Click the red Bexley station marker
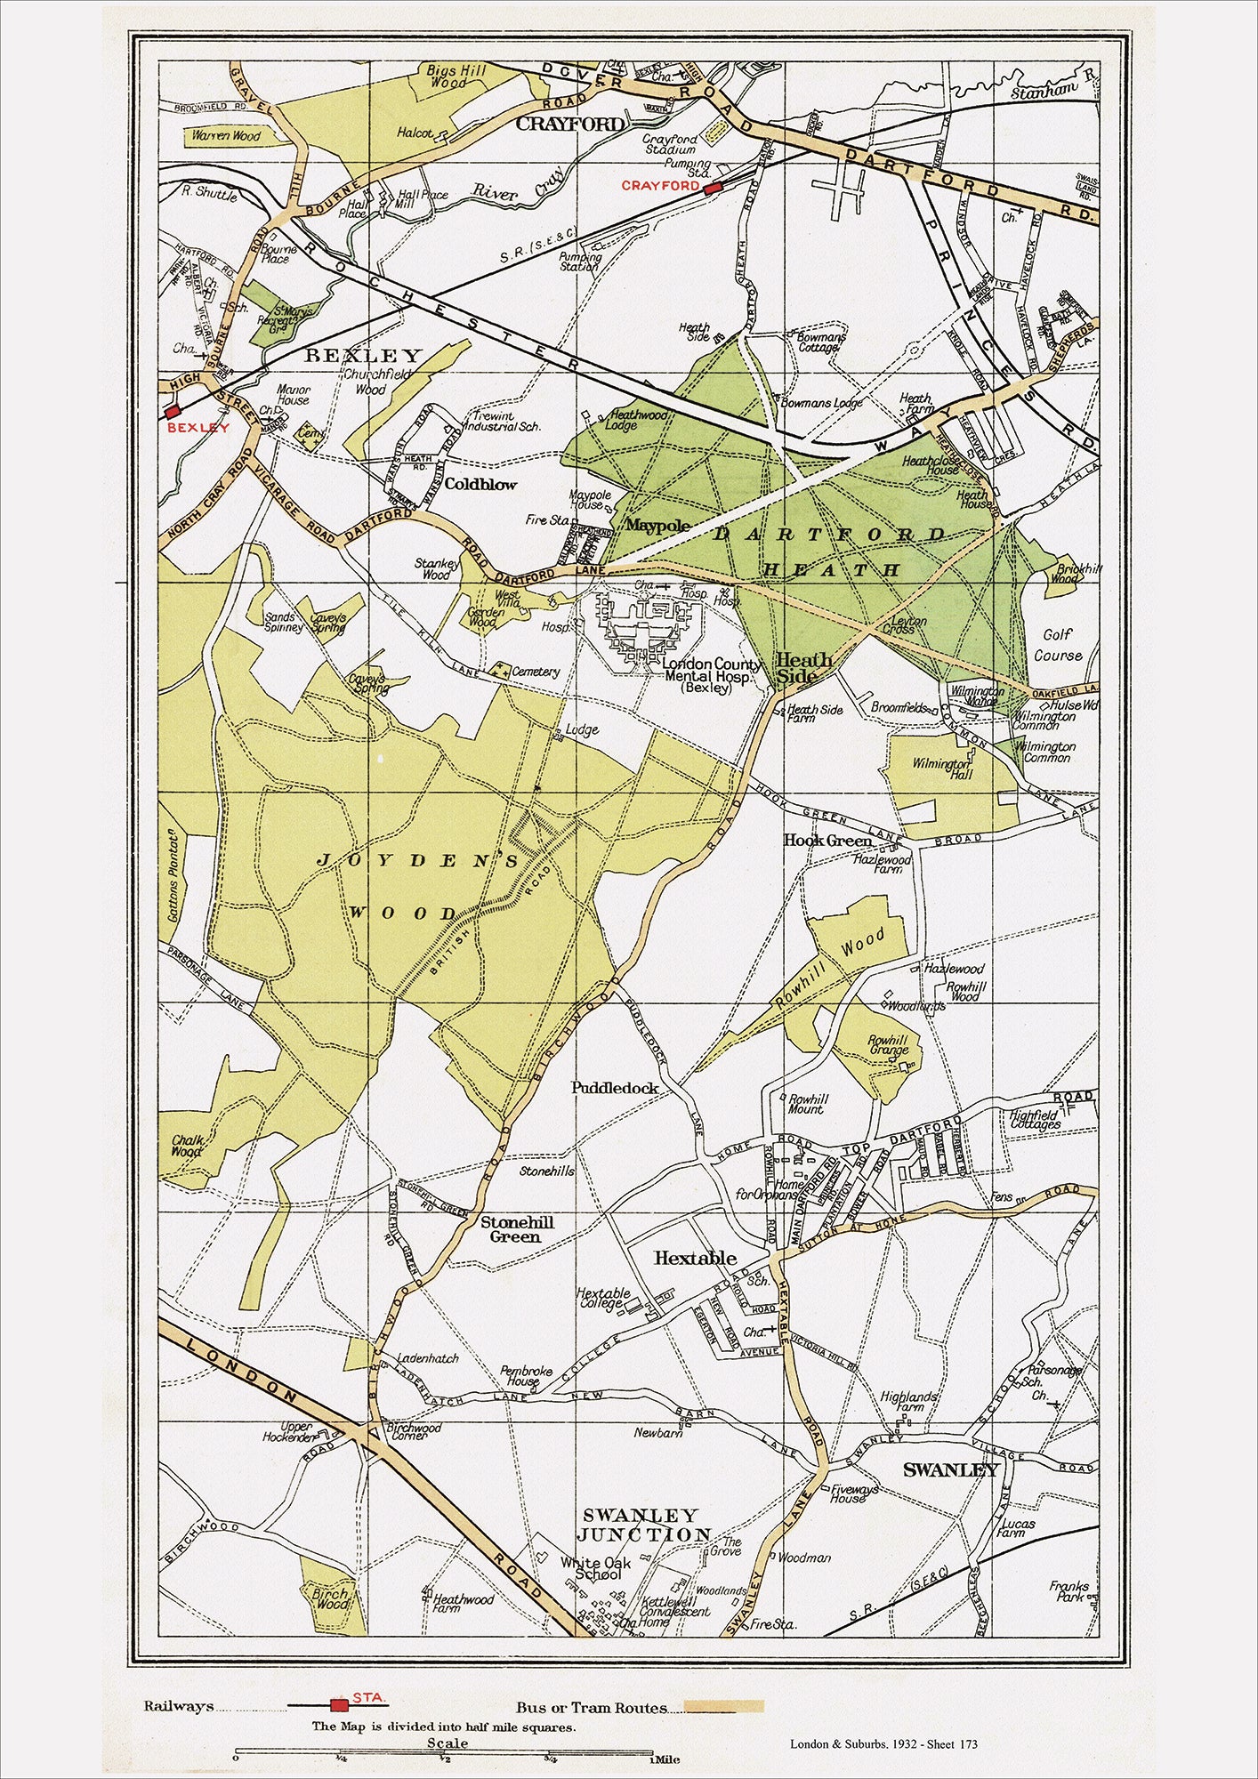[173, 411]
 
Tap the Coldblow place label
[480, 485]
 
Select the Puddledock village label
[615, 1087]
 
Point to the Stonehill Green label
[517, 1229]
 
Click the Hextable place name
[695, 1258]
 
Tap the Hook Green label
[827, 841]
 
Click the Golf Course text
[1058, 645]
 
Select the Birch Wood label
[330, 1599]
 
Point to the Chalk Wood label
[188, 1146]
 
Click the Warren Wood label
[226, 136]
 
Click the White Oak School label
[595, 1568]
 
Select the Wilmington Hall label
[941, 769]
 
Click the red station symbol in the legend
[338, 1704]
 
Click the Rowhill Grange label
[887, 1045]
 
